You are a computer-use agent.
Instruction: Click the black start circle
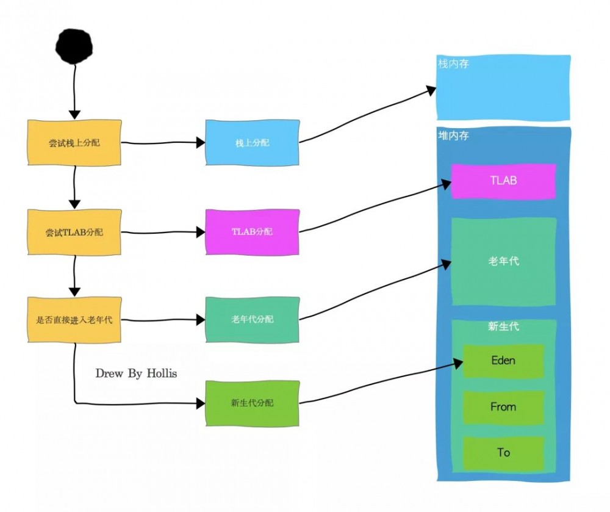tap(74, 46)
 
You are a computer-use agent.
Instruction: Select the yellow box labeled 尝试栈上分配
tap(74, 143)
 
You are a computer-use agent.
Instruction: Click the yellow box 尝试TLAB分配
tap(74, 233)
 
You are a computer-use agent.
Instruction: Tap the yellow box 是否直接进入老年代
tap(74, 319)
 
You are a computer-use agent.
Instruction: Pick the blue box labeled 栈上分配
tap(252, 143)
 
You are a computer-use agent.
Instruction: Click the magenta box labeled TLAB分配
tap(252, 232)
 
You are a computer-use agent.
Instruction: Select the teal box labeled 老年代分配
tap(252, 319)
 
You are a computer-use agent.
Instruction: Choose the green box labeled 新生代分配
tap(252, 403)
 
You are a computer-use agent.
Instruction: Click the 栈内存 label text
tap(454, 63)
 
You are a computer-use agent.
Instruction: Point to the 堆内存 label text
tap(454, 135)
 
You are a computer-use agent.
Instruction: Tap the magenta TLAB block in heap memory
tap(503, 181)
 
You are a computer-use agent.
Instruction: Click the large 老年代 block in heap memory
tap(503, 261)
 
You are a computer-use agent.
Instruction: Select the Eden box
tap(503, 361)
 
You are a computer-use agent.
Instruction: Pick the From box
tap(503, 407)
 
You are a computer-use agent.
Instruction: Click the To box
tap(503, 453)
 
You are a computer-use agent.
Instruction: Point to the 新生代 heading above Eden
tap(503, 326)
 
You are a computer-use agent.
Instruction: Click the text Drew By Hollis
tap(136, 373)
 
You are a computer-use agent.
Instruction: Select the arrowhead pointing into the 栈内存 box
tap(431, 90)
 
